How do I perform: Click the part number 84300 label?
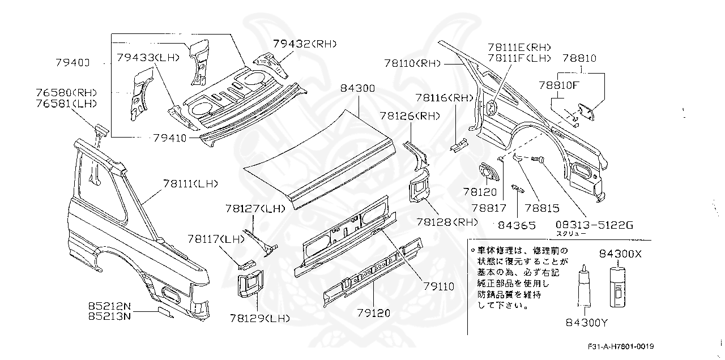point(357,89)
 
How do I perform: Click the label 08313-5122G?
point(593,225)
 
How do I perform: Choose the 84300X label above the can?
point(621,254)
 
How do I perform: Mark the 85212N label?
point(109,306)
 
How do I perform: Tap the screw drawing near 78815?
point(536,160)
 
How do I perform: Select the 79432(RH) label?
point(305,44)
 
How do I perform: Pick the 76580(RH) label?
point(67,93)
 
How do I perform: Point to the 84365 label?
point(517,225)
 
